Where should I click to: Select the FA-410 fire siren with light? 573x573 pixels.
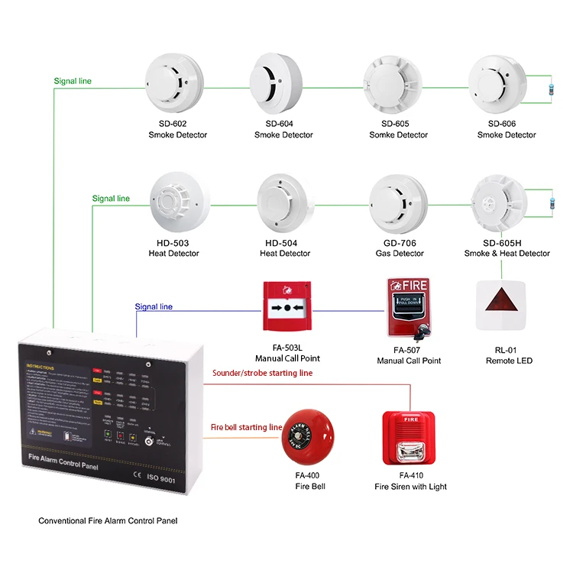coord(409,441)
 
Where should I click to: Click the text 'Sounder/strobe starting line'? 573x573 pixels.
coord(262,373)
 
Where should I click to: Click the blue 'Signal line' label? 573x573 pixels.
coord(154,307)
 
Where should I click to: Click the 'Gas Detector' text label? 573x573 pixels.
coord(398,254)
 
